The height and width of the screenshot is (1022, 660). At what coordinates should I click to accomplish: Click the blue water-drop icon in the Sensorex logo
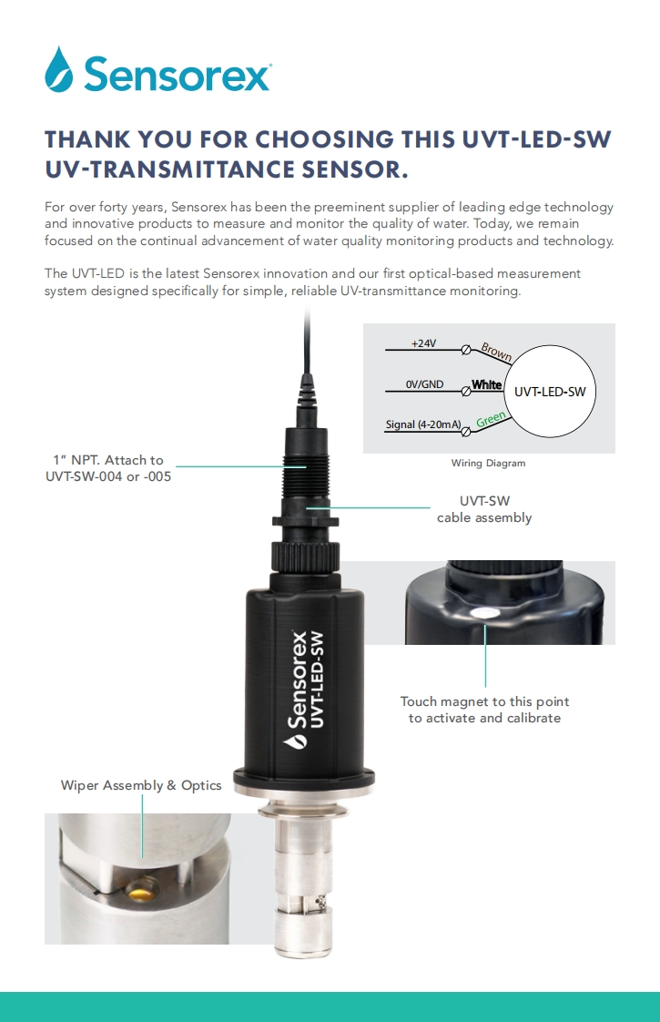coord(58,69)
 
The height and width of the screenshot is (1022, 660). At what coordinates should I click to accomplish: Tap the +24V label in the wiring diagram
coord(423,342)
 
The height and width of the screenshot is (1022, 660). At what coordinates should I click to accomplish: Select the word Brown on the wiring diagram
coord(496,352)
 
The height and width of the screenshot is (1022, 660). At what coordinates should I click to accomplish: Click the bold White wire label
coord(487,384)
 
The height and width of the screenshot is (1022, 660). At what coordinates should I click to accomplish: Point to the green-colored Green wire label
coord(491,419)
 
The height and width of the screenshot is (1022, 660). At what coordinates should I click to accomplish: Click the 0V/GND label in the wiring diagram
coord(424,383)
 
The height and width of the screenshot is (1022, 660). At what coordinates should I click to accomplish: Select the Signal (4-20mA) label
coord(422,424)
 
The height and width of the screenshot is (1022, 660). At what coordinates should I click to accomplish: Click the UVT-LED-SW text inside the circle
coord(550,392)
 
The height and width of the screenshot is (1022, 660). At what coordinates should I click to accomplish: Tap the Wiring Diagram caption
coord(488,463)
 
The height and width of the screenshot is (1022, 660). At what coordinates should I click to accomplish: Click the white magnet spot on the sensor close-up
coord(484,612)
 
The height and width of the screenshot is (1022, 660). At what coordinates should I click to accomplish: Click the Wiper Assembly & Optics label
coord(141,785)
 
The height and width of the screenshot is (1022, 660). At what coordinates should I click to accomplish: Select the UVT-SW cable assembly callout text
coord(484,509)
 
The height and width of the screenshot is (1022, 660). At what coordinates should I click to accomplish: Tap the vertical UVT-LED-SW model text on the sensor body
coord(317,680)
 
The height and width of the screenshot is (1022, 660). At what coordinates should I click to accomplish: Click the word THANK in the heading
coord(87,139)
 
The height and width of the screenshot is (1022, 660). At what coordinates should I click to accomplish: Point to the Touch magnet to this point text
coord(484,701)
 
